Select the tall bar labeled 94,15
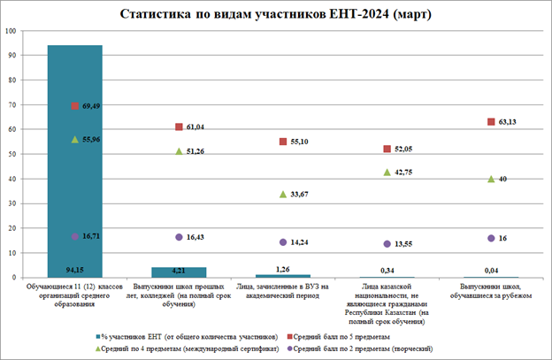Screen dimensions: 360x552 74,159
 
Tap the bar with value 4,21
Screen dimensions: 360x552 179,272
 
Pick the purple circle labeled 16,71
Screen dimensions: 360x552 75,237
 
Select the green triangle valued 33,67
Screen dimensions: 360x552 283,194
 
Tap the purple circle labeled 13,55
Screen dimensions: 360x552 387,244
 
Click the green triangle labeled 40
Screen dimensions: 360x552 491,179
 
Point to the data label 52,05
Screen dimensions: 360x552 406,149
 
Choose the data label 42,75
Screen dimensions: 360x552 406,172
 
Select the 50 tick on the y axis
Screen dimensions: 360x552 13,154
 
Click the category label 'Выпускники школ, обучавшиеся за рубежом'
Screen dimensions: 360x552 490,293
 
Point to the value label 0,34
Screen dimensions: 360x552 387,270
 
